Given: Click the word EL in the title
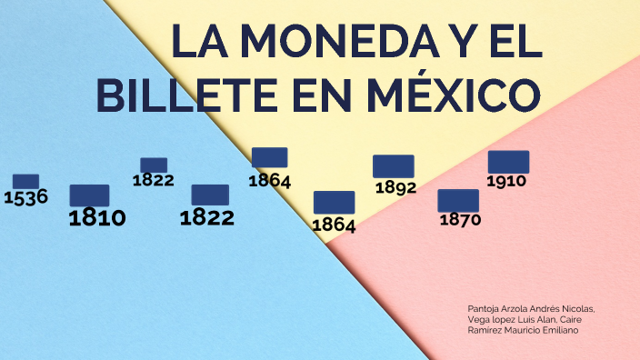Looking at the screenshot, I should pyautogui.click(x=513, y=42).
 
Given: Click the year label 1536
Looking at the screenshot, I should pyautogui.click(x=25, y=197).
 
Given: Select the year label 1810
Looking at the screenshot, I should pyautogui.click(x=97, y=217).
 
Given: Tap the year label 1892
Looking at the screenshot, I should pyautogui.click(x=395, y=188).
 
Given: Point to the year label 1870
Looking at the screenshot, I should pyautogui.click(x=460, y=219).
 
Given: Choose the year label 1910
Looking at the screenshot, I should pyautogui.click(x=506, y=181).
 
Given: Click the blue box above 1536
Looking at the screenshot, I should pyautogui.click(x=25, y=181).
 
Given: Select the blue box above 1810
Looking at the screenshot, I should pyautogui.click(x=89, y=195).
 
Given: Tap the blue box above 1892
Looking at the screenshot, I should pyautogui.click(x=393, y=166).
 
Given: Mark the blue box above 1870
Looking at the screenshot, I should pyautogui.click(x=458, y=200).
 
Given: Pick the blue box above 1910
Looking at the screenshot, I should pyautogui.click(x=508, y=162).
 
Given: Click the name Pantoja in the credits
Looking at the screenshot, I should pyautogui.click(x=484, y=309).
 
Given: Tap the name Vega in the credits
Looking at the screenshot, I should pyautogui.click(x=478, y=320).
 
